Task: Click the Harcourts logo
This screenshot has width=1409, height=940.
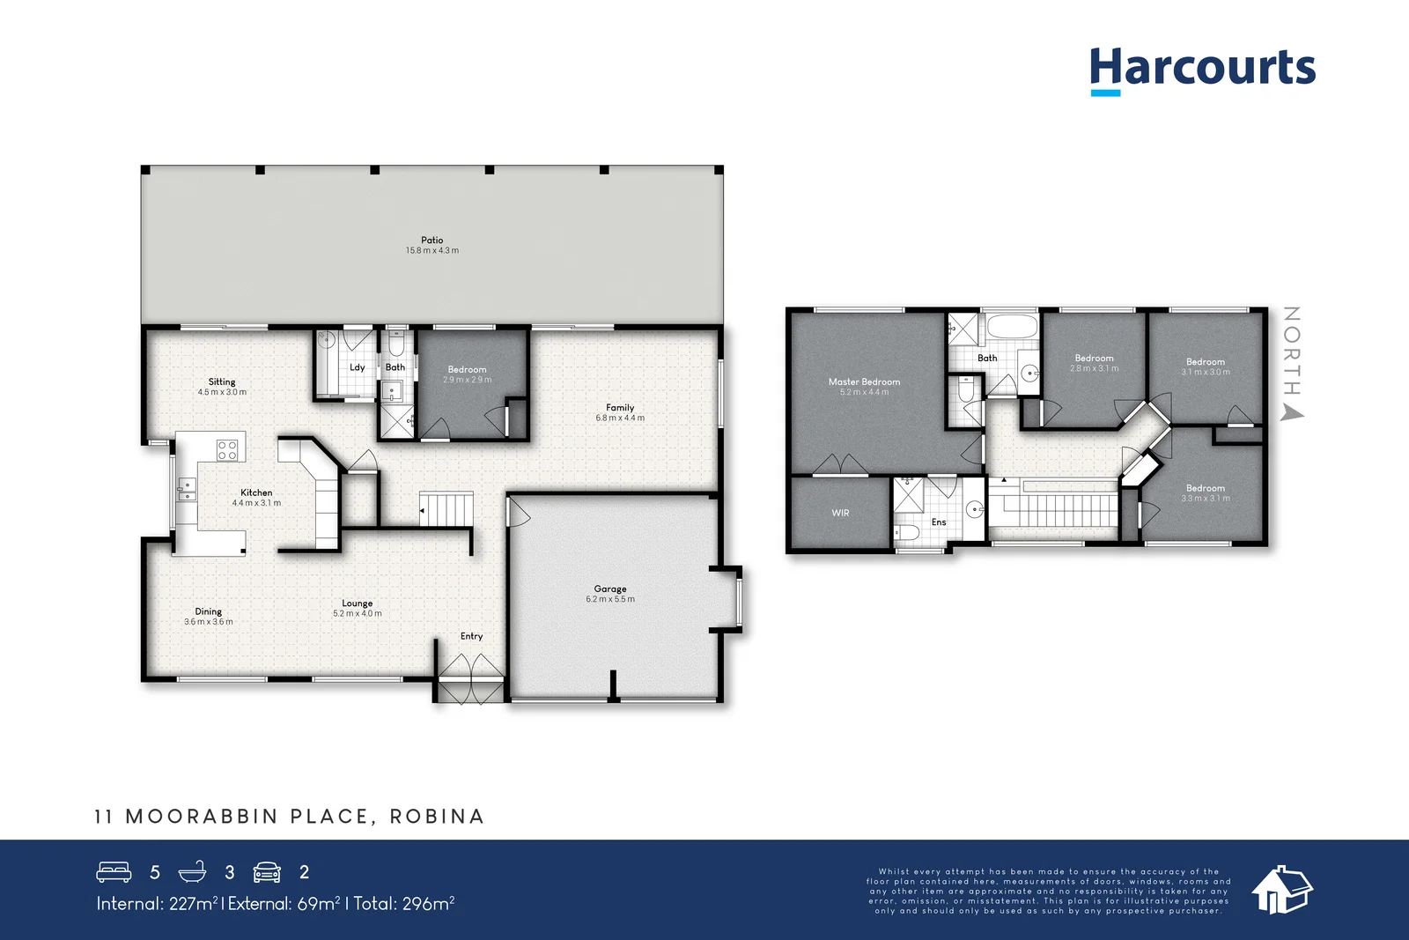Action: [x=1202, y=69]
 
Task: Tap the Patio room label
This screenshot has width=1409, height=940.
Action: [x=432, y=240]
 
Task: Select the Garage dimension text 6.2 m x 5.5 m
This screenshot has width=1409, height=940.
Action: [x=610, y=599]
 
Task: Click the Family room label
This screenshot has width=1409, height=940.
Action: [x=620, y=408]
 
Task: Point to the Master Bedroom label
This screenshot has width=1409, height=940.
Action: [x=864, y=381]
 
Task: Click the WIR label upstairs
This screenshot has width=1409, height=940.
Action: [x=840, y=513]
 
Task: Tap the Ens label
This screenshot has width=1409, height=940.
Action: [x=939, y=522]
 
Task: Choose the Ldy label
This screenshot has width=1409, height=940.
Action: [x=357, y=367]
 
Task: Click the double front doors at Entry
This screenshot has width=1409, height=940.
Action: [x=471, y=680]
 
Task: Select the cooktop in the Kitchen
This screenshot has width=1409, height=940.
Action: [x=227, y=450]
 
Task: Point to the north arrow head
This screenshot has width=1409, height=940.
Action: [x=1292, y=412]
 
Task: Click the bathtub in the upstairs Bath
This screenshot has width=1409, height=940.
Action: [x=1012, y=327]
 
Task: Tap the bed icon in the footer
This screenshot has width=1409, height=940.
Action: [x=114, y=872]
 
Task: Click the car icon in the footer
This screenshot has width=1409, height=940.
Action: [x=267, y=872]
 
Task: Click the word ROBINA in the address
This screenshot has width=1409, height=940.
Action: [x=437, y=817]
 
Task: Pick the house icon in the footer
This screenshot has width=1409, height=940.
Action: [x=1281, y=889]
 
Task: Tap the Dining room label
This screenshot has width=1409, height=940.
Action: [x=209, y=611]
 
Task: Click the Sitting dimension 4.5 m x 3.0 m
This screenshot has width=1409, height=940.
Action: [x=222, y=392]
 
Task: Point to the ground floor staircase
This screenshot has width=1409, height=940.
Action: [x=446, y=509]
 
